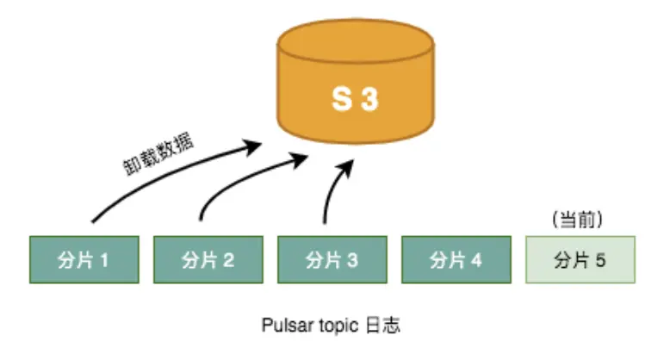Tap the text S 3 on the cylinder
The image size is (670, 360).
point(355,100)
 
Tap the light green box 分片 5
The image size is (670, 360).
point(580,259)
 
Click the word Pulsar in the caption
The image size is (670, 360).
point(283,326)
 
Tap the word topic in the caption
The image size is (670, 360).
point(335,326)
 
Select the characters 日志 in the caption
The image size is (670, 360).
point(382,326)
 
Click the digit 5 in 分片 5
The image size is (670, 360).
point(602,259)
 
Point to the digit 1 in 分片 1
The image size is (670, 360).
point(105,259)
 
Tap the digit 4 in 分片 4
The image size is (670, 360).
point(477,259)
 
